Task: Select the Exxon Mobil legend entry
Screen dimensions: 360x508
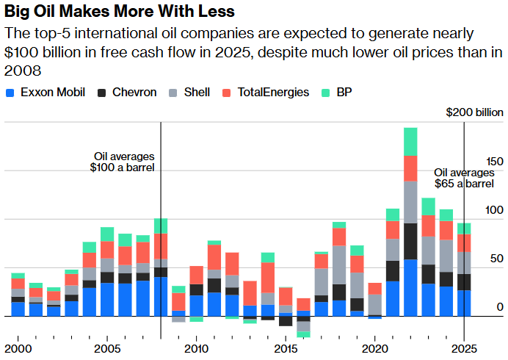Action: pos(46,93)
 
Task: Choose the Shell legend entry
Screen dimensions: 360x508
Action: pos(189,93)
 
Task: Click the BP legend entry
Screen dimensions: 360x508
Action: pos(337,93)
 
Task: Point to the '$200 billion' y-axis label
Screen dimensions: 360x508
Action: pos(475,112)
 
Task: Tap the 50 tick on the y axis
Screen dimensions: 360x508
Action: pos(497,259)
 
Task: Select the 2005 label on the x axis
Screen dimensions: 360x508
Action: pos(107,348)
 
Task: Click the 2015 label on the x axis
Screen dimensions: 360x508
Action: pos(286,348)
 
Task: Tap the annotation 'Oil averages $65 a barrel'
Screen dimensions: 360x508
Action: pos(464,178)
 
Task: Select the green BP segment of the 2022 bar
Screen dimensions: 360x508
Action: pos(410,141)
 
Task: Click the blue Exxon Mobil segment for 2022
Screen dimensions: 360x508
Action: pos(410,287)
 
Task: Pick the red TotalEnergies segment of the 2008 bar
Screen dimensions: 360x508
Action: pos(161,246)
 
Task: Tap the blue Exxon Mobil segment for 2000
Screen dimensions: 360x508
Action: pos(18,309)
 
